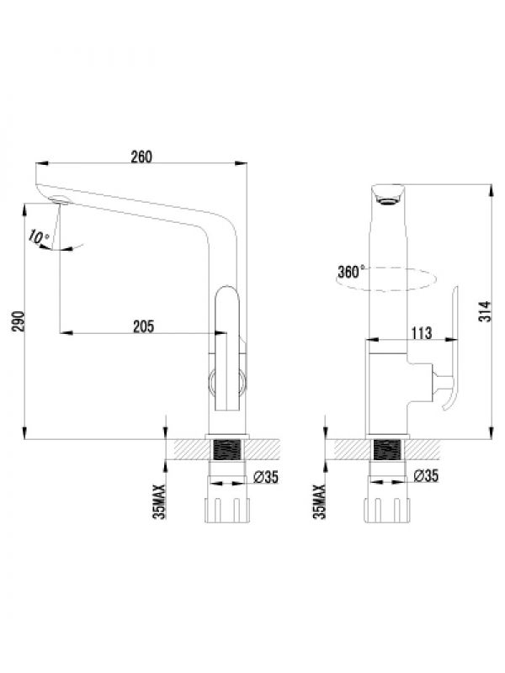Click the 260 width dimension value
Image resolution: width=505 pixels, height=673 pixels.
coord(141,156)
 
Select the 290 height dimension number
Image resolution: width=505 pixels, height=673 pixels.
coord(19,321)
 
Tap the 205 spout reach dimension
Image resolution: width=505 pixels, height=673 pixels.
coord(143,326)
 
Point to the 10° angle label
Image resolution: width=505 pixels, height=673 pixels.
coord(39,238)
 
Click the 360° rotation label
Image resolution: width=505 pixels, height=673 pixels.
coord(351,272)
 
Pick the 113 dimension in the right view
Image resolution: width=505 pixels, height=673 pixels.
coord(422,333)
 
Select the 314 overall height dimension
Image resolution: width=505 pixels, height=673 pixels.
coord(485,311)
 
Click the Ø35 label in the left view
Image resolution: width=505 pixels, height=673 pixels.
coord(266,476)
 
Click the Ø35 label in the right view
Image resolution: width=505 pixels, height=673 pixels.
coord(426,475)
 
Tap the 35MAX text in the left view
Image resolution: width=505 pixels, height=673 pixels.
coord(159,501)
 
